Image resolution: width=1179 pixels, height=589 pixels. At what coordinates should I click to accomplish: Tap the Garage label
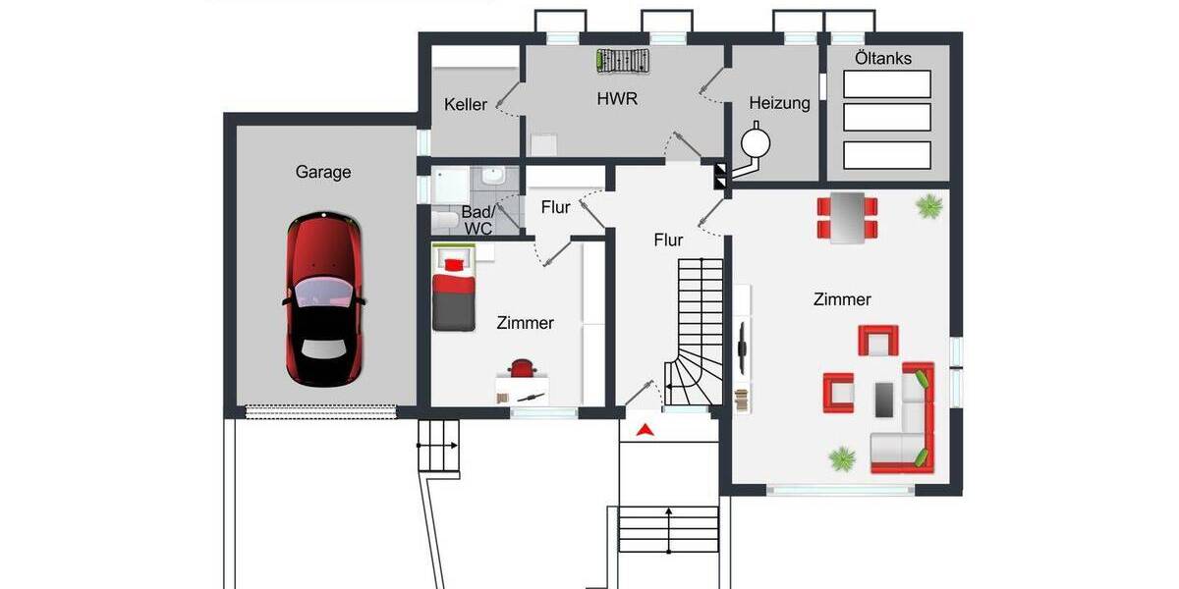(323, 172)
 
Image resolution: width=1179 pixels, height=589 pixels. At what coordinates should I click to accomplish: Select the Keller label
(465, 104)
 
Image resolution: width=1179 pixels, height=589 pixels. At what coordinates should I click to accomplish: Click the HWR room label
(617, 99)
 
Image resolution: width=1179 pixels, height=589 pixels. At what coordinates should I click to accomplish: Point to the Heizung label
(779, 103)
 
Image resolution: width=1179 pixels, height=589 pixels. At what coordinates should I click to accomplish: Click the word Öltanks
(882, 58)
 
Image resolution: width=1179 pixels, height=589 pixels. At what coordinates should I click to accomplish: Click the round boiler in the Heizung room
(757, 142)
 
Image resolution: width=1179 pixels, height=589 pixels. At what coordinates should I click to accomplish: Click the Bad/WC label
(477, 220)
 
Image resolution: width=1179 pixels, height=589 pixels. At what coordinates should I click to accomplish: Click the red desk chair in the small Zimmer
(523, 369)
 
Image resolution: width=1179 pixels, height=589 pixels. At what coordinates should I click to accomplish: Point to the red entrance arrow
(644, 429)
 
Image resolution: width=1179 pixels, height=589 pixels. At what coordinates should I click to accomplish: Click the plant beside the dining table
(927, 205)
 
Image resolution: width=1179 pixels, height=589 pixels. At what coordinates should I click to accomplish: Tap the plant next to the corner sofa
(841, 457)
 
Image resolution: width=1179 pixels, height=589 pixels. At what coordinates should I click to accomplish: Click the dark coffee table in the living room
(884, 398)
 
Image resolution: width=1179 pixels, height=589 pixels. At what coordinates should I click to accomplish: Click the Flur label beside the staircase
(668, 240)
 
